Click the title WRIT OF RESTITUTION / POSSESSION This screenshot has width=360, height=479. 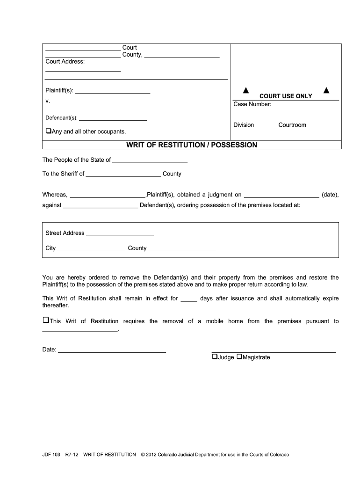[x=192, y=145]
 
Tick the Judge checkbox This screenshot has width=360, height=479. [x=215, y=357]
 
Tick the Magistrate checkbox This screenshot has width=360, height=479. [x=239, y=357]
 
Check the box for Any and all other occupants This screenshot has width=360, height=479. [x=48, y=131]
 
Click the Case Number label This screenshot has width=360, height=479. [x=252, y=104]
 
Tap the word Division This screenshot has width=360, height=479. [x=244, y=125]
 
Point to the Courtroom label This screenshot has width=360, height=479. [x=292, y=125]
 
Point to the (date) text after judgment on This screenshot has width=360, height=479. [x=330, y=195]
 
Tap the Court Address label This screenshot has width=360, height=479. [x=65, y=61]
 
